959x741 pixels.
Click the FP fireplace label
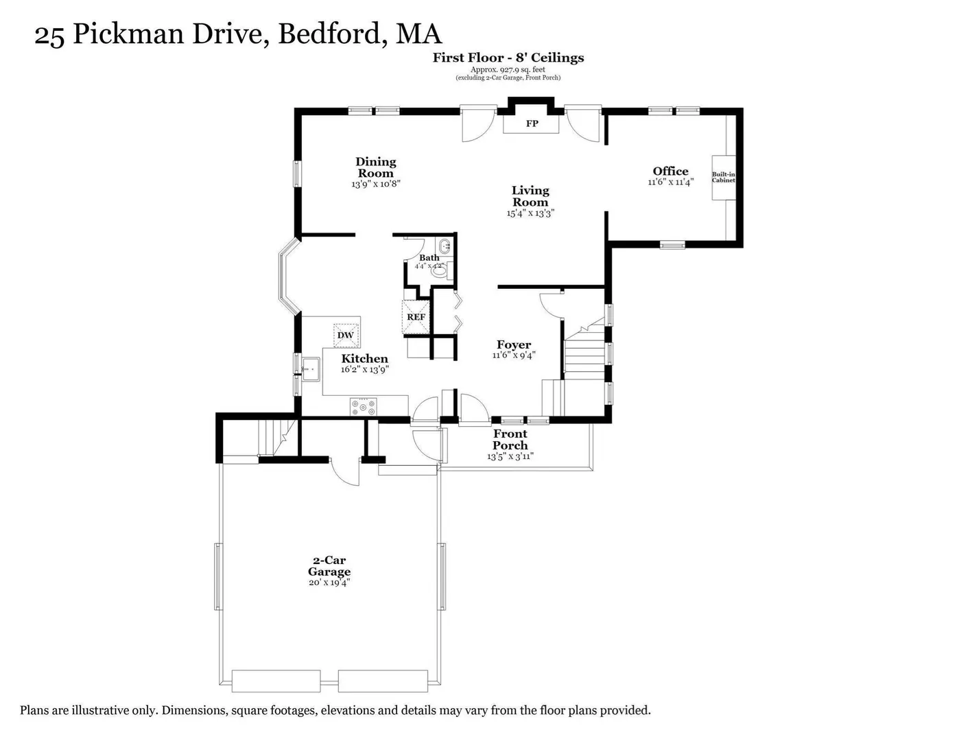[x=532, y=123]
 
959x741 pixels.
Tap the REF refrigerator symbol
[x=416, y=317]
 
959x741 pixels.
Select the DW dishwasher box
[x=346, y=335]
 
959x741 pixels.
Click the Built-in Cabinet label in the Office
[x=723, y=177]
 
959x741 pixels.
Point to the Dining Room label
[x=375, y=167]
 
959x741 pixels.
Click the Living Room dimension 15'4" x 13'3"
[x=530, y=213]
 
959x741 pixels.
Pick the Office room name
[x=670, y=172]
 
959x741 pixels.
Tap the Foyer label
[x=514, y=344]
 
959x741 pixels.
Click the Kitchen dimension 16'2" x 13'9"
[x=364, y=369]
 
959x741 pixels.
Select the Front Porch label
[x=510, y=440]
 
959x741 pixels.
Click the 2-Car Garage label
[x=329, y=566]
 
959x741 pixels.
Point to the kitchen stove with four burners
[x=363, y=406]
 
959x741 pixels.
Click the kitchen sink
[x=311, y=368]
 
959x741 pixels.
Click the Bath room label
[x=429, y=257]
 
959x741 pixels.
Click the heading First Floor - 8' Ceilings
[x=508, y=58]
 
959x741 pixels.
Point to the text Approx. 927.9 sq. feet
[x=508, y=70]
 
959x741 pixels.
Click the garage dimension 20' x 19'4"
[x=329, y=583]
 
